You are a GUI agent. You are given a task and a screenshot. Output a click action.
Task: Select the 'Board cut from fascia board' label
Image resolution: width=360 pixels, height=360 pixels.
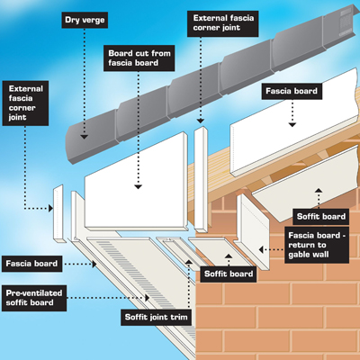(x=140, y=58)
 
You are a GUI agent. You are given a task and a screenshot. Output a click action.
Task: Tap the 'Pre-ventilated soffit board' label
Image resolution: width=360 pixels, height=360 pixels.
(x=35, y=297)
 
